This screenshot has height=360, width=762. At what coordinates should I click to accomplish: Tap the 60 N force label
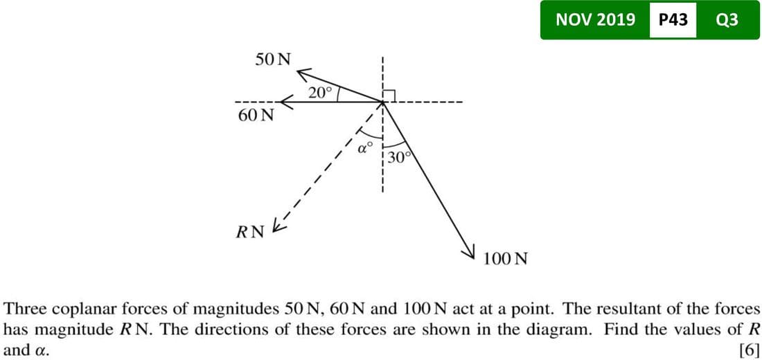click(x=255, y=115)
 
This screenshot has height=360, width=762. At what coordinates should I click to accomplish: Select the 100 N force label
click(x=506, y=260)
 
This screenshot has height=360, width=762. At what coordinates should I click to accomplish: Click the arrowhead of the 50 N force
click(x=303, y=71)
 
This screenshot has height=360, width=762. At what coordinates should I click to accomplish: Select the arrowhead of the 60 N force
click(x=283, y=102)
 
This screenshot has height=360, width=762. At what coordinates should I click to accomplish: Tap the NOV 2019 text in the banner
click(x=595, y=20)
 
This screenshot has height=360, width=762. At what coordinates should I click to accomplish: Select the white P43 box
click(x=673, y=20)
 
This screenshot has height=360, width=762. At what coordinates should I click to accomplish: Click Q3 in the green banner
click(x=727, y=20)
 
